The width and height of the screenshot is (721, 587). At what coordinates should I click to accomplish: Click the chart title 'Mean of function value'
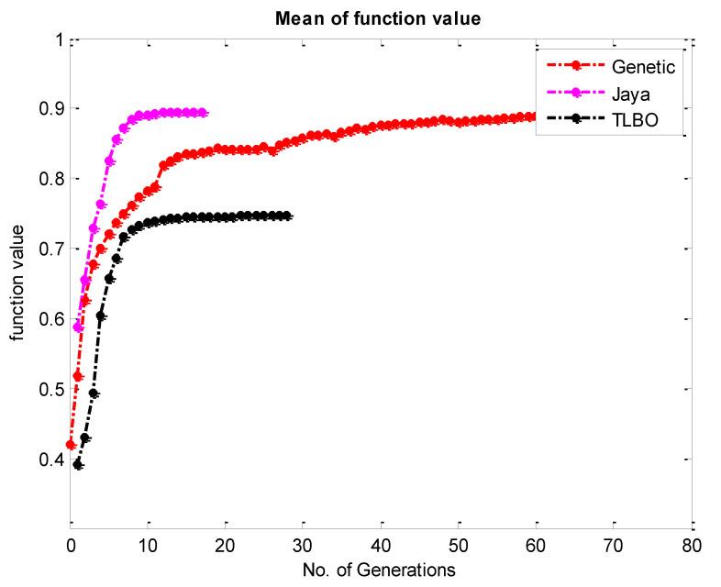(x=379, y=17)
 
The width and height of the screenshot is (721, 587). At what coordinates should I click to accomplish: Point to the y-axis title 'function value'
(x=17, y=285)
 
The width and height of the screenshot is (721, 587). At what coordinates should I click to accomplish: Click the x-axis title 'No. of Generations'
(x=379, y=570)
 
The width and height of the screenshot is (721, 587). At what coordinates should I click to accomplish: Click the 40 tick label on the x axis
(x=381, y=546)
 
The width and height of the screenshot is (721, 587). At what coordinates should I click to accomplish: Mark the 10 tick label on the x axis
(x=148, y=546)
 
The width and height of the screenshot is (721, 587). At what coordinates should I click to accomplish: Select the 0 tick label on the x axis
(x=71, y=546)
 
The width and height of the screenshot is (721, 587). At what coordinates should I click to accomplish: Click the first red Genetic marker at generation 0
(x=71, y=444)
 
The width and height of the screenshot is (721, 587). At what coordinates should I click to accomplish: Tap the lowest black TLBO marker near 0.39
(x=78, y=465)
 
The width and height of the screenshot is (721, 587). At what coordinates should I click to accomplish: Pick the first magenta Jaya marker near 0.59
(x=78, y=327)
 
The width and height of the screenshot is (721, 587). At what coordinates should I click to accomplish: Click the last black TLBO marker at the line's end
(x=287, y=216)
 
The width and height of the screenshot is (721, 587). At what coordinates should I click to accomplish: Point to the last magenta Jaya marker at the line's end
(x=202, y=112)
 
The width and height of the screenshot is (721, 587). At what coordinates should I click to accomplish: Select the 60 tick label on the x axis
(x=537, y=546)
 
